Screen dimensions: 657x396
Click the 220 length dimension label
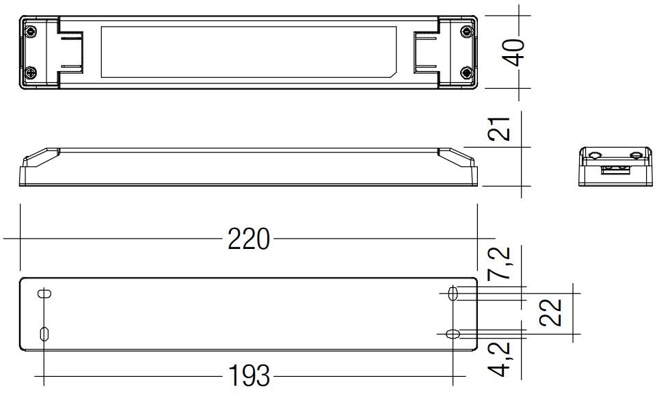(248, 239)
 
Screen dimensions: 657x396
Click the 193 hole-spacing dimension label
(250, 375)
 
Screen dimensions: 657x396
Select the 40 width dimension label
(513, 53)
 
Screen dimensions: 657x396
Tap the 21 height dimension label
(500, 129)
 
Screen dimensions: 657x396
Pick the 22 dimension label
(550, 312)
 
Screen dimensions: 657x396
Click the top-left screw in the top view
(31, 31)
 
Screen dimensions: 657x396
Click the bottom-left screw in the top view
(31, 73)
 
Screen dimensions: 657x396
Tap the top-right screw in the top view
(466, 31)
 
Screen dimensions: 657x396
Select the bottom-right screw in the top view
(466, 73)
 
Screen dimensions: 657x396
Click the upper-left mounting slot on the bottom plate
(44, 293)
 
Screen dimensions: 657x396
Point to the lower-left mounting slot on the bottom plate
(44, 333)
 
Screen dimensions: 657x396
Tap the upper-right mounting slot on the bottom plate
(453, 293)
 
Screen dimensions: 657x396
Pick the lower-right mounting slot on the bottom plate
(453, 334)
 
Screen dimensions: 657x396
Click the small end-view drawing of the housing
(615, 166)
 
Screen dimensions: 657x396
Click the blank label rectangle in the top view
(248, 53)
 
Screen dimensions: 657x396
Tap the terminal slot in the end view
(615, 170)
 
